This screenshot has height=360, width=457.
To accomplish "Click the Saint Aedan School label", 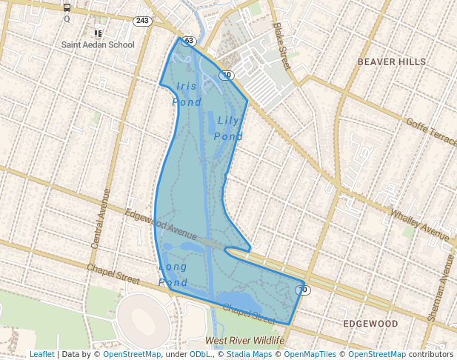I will pyautogui.click(x=99, y=44).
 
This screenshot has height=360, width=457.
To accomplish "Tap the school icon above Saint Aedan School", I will pyautogui.click(x=98, y=33).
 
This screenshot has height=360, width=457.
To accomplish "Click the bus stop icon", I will pyautogui.click(x=67, y=8).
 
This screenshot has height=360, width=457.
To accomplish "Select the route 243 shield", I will pyautogui.click(x=142, y=21).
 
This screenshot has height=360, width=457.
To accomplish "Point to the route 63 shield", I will pyautogui.click(x=188, y=41).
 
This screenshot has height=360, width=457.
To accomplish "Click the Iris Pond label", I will pyautogui.click(x=187, y=94).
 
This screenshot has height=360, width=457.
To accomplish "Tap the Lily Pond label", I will pyautogui.click(x=229, y=128).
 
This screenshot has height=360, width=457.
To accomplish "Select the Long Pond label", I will pyautogui.click(x=173, y=274).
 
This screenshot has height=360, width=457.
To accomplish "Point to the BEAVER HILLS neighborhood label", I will pyautogui.click(x=392, y=62).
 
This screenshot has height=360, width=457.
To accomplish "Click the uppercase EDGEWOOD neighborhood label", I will pyautogui.click(x=370, y=324).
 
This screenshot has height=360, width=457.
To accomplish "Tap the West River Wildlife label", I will pyautogui.click(x=244, y=341).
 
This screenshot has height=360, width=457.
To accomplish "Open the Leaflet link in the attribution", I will pyautogui.click(x=41, y=354).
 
